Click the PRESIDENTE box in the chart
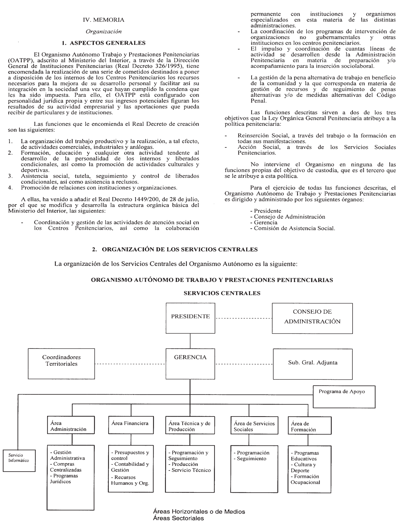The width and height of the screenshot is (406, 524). coord(190,318)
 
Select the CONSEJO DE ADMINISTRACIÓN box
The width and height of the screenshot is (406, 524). coord(312,318)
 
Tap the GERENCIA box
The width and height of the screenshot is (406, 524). coord(190,364)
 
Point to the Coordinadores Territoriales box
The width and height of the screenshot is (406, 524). coord(61,364)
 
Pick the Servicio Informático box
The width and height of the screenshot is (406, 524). coord(19,460)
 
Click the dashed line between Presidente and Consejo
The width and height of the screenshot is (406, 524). coord(243,318)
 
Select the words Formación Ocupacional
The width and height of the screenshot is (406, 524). coord(305,479)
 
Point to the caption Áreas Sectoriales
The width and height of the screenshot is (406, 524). coord(178,518)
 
